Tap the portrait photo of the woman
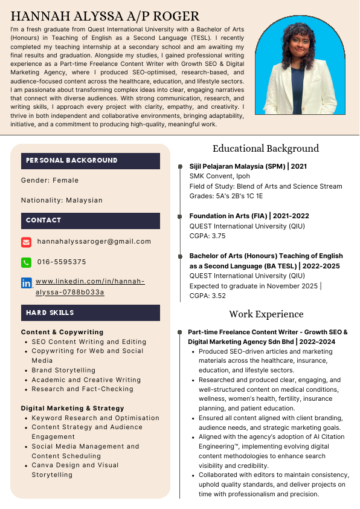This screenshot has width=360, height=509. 300,66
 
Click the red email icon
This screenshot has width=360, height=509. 26,242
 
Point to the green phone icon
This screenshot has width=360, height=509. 26,262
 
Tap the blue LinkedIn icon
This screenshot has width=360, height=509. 26,283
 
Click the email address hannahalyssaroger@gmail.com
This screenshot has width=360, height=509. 94,241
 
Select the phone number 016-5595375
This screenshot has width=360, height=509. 62,262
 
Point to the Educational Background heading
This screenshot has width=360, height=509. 265,148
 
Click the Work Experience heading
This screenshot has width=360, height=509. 266,314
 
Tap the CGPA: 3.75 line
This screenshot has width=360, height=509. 208,236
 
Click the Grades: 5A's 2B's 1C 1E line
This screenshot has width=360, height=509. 226,196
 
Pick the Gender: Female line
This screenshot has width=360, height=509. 50,180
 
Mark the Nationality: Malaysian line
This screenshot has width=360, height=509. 62,200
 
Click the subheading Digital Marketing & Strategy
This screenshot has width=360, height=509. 72,408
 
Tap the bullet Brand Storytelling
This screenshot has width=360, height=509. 63,370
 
